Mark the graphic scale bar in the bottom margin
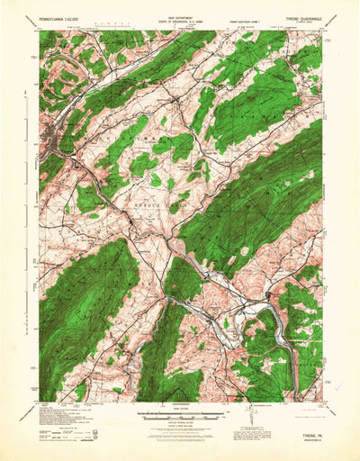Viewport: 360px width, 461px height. point(179,417)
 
